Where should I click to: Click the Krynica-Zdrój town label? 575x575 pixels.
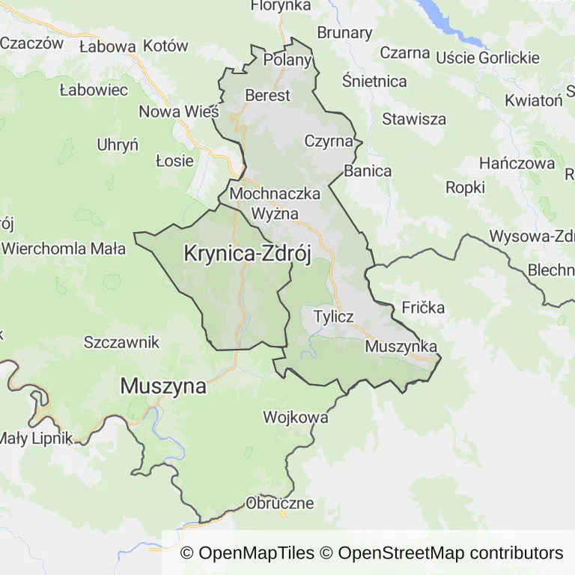click(x=247, y=255)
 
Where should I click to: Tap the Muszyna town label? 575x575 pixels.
click(x=163, y=386)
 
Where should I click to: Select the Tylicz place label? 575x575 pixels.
click(x=333, y=316)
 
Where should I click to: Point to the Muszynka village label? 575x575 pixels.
click(x=401, y=347)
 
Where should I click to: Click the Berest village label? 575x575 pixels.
click(x=267, y=95)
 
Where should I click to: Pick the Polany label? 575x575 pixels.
click(x=288, y=60)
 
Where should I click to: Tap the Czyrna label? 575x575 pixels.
click(x=329, y=141)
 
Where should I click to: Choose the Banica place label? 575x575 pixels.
click(x=368, y=171)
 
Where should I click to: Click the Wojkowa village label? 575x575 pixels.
click(x=296, y=417)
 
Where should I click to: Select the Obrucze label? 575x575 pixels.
click(x=279, y=503)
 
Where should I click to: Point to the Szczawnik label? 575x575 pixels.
click(x=122, y=342)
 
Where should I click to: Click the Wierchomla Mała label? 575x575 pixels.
click(x=64, y=249)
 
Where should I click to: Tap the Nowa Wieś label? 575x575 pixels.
click(x=179, y=112)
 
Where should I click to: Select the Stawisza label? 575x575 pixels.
click(x=414, y=119)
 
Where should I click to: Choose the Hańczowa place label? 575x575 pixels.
click(x=517, y=163)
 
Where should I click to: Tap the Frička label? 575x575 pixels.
click(x=423, y=307)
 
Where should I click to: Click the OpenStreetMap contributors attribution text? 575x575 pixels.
click(x=450, y=553)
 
